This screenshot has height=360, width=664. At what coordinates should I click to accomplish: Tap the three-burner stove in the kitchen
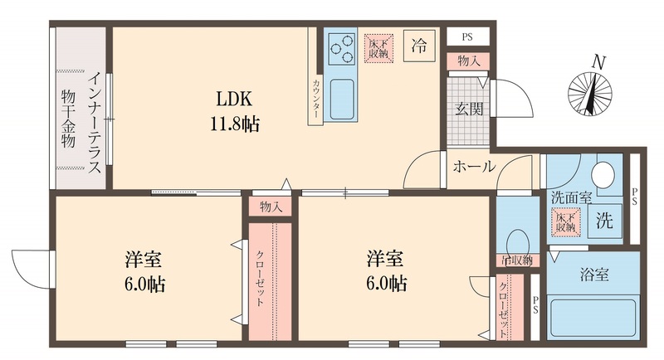[x=339, y=52]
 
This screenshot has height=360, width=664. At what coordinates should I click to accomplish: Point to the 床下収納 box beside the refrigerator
[x=378, y=48]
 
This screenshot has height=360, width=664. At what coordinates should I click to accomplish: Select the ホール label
[x=473, y=167]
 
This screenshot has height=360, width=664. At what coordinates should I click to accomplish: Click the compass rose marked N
[x=590, y=91]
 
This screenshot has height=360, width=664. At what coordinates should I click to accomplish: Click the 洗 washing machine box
[x=607, y=222]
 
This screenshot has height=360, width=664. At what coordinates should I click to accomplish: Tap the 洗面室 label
[x=571, y=197]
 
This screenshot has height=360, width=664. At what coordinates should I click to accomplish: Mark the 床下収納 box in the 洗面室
[x=567, y=222]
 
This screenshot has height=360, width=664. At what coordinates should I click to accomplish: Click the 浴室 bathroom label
[x=595, y=274]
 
